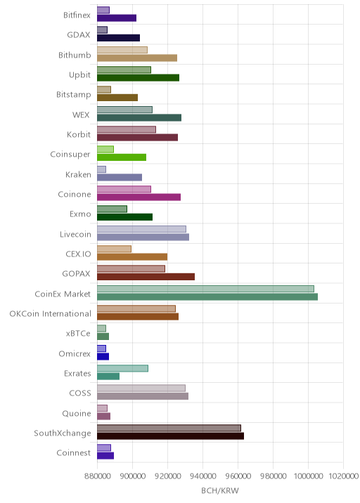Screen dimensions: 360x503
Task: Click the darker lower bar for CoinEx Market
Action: [x=207, y=296]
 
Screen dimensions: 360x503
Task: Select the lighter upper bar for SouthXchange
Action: [x=169, y=428]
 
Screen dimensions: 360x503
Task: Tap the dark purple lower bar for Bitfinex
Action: [x=117, y=18]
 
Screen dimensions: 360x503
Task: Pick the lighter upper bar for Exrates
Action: [x=122, y=368]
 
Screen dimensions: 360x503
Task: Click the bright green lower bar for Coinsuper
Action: [x=122, y=157]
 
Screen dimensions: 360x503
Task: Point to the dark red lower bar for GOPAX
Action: [x=146, y=277]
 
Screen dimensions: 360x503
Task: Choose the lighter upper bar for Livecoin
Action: [x=141, y=229]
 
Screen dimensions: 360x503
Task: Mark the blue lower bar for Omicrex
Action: [x=103, y=356]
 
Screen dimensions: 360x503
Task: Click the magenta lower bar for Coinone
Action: [x=139, y=197]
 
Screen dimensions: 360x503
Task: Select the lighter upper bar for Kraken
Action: [x=101, y=169]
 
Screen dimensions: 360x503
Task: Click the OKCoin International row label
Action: [x=51, y=313]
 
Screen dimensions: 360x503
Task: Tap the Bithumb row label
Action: [x=75, y=55]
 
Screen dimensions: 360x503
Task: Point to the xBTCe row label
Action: [x=78, y=333]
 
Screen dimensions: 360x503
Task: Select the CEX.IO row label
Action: [x=78, y=254]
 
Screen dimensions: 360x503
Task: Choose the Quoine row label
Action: [x=77, y=413]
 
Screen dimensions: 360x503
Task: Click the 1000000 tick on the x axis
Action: [x=308, y=476]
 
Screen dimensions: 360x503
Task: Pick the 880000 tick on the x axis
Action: [x=97, y=476]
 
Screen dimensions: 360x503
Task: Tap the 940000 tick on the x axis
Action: [x=202, y=476]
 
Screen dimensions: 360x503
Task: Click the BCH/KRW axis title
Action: [x=220, y=490]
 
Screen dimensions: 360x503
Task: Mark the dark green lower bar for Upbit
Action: [x=138, y=78]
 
